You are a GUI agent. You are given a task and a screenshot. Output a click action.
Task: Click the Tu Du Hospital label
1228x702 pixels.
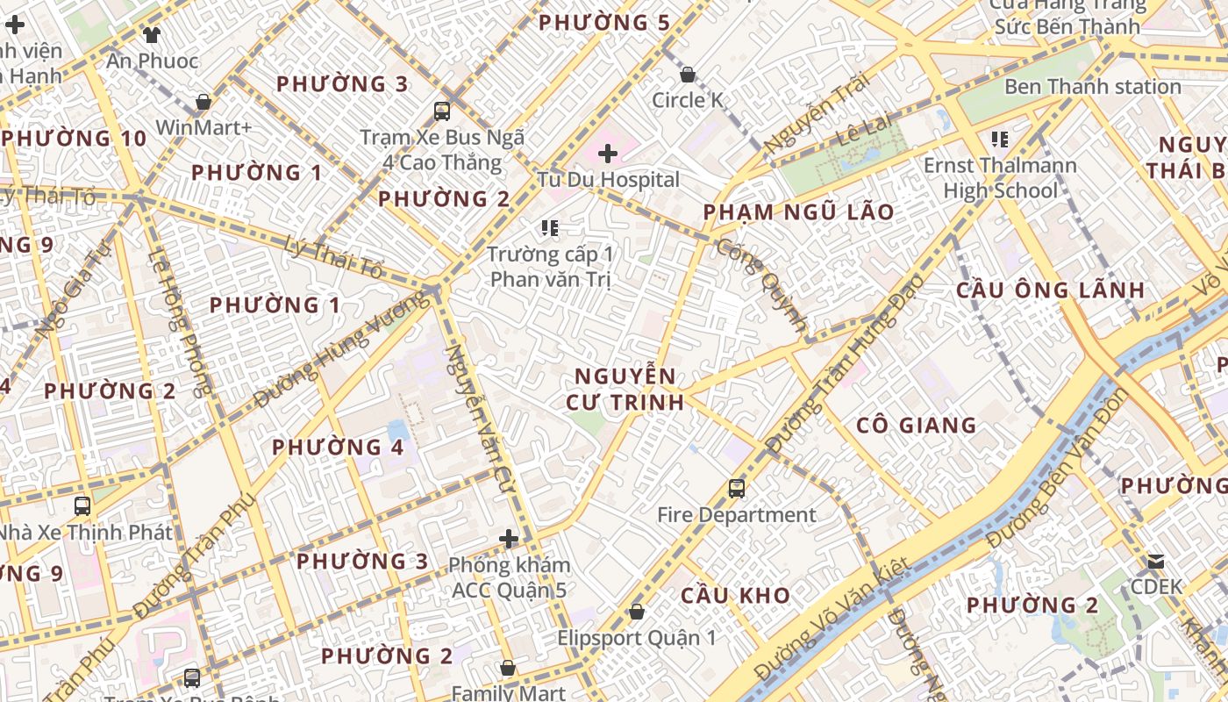[608, 180]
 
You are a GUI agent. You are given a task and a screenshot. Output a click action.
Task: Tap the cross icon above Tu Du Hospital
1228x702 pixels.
[608, 154]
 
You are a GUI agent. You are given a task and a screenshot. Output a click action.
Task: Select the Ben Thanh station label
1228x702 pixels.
[1092, 87]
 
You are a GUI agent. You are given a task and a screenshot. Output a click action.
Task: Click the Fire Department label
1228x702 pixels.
[737, 515]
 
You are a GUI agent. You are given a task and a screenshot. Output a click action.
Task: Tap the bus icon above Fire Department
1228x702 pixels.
[737, 488]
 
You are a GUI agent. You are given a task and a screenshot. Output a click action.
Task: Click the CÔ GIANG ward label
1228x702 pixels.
[916, 426]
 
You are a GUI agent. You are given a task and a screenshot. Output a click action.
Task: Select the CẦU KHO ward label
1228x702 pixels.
[736, 596]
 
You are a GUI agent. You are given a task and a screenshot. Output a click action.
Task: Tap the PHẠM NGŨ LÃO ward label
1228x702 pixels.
[798, 212]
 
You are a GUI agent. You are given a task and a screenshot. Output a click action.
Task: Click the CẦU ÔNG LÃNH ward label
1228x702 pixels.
[1050, 290]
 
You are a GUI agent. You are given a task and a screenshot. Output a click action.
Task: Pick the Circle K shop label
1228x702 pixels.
[689, 101]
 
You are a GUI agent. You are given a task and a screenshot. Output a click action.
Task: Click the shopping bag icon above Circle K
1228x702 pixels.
[688, 75]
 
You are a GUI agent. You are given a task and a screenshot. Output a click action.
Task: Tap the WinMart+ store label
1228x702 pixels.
[203, 128]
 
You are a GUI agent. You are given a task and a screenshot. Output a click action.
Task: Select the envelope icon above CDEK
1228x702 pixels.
[1156, 561]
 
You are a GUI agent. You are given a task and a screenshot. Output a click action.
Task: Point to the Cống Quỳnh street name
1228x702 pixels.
[761, 284]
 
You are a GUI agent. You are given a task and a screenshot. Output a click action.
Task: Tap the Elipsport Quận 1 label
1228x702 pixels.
[637, 638]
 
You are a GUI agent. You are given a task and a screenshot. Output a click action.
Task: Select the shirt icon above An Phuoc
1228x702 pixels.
[152, 35]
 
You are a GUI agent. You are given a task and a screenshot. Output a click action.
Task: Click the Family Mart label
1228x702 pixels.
[508, 693]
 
